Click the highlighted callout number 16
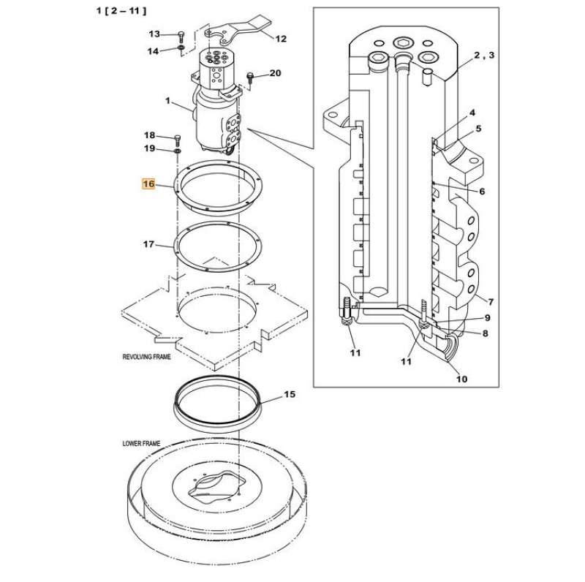click(148, 184)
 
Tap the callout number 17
click(148, 243)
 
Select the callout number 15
click(290, 395)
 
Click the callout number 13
click(154, 34)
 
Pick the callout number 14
click(153, 50)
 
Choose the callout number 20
click(275, 72)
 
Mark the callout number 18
click(149, 135)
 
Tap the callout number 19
click(149, 148)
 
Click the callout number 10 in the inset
click(461, 379)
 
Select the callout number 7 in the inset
click(491, 301)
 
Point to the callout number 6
click(482, 191)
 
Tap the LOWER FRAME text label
click(141, 444)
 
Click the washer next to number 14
click(181, 50)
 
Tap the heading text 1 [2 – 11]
click(121, 11)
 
